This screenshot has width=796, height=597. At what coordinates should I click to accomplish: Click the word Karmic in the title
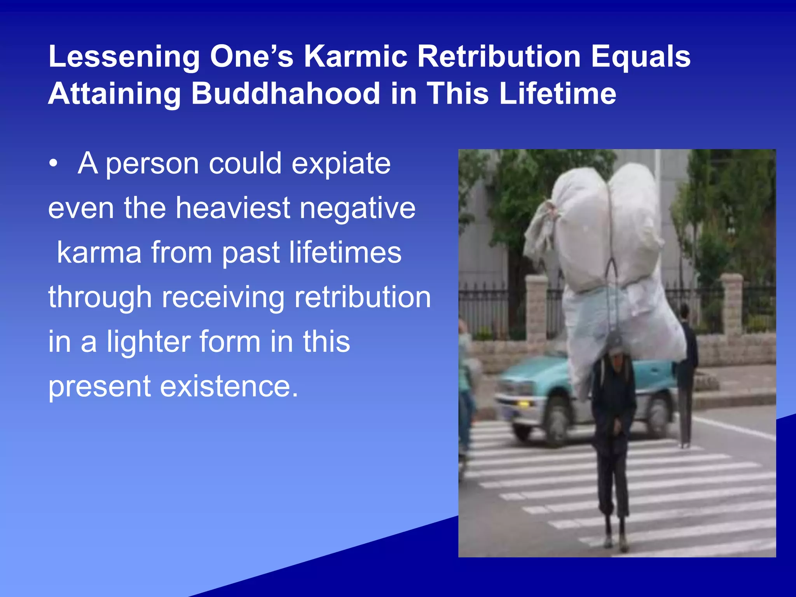(355, 56)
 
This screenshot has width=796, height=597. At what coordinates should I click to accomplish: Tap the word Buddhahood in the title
(285, 94)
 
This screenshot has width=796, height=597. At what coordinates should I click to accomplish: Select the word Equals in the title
(641, 56)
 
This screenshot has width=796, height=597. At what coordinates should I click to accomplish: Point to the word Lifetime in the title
(557, 94)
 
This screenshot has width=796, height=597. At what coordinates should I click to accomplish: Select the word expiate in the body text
(341, 164)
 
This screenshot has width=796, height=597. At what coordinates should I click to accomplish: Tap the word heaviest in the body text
(232, 208)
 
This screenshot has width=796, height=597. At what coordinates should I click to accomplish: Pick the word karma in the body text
(99, 253)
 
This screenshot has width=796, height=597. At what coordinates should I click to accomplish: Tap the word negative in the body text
(357, 208)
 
